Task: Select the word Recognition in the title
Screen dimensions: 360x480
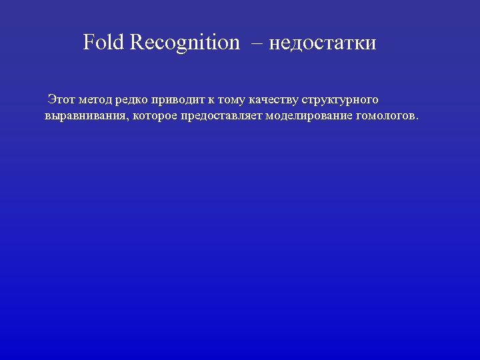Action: coord(185,43)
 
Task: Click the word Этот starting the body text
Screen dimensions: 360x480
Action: coord(61,100)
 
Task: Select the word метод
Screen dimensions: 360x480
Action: coord(95,100)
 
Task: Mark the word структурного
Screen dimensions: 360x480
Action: coord(340,100)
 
